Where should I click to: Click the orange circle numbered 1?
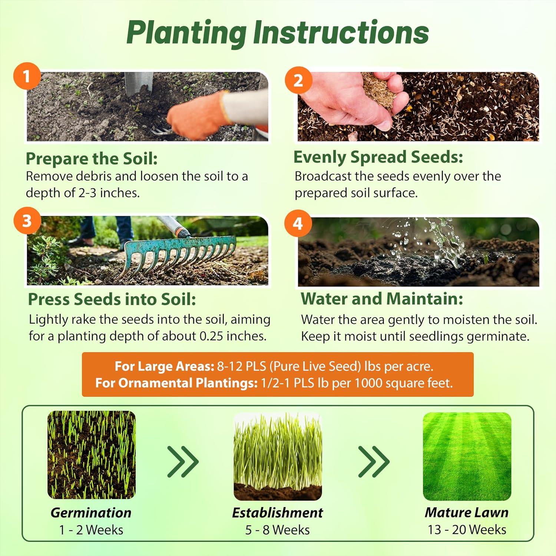click(27, 76)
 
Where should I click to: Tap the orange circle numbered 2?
click(298, 80)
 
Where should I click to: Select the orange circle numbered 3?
click(27, 221)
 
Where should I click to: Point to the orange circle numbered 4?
click(298, 224)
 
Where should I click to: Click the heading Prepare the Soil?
click(92, 159)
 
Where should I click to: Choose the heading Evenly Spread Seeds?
click(378, 157)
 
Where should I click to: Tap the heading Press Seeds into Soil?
click(112, 299)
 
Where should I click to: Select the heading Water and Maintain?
click(382, 299)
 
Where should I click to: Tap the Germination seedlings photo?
click(92, 455)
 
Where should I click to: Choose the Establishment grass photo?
click(278, 457)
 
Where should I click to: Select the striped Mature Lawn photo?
click(467, 457)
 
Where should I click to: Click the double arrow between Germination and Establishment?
click(183, 461)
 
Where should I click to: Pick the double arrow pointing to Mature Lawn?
click(374, 461)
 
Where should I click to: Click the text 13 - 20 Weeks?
click(467, 530)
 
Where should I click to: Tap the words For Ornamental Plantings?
click(176, 383)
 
